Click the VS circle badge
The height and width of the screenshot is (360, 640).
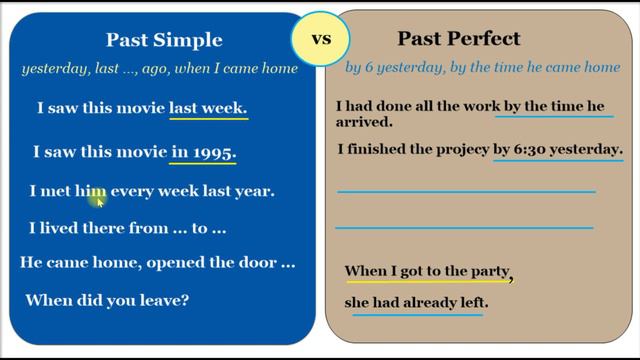pyautogui.click(x=321, y=40)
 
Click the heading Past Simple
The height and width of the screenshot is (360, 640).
pyautogui.click(x=164, y=41)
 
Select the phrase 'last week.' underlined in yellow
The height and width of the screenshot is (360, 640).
pyautogui.click(x=208, y=108)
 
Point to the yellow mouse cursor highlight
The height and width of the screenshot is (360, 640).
pyautogui.click(x=97, y=200)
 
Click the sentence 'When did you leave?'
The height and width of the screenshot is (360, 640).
pyautogui.click(x=107, y=299)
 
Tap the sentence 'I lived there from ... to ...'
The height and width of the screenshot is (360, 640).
pyautogui.click(x=128, y=228)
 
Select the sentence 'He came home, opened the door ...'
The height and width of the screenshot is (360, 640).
pyautogui.click(x=158, y=263)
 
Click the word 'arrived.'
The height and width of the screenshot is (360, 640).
pyautogui.click(x=364, y=123)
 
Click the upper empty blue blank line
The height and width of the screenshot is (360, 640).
pyautogui.click(x=466, y=190)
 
